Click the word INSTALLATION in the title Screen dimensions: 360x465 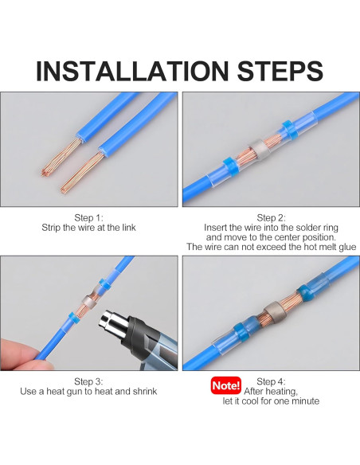132,71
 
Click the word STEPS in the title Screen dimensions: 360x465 280,71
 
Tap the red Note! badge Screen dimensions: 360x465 226,385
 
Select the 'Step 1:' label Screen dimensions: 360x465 88,218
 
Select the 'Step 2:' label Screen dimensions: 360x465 271,218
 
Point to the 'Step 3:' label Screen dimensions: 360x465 88,381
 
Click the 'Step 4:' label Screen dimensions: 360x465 271,381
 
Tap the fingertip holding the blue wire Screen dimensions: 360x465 18,354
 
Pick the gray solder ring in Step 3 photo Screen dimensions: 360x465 88,302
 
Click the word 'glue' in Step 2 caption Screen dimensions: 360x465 346,247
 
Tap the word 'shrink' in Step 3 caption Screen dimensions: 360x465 145,392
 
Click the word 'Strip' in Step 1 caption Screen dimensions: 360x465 51,228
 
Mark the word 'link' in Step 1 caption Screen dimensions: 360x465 129,228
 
